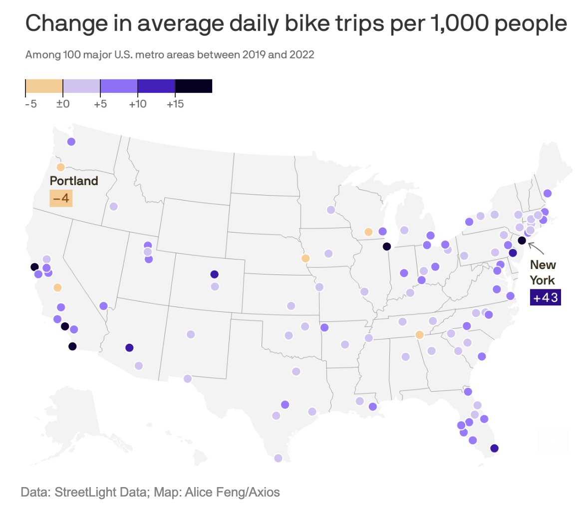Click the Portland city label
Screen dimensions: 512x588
click(74, 181)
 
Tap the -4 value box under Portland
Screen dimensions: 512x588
click(61, 199)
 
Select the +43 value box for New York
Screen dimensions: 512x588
click(545, 298)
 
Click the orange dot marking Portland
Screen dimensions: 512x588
click(60, 167)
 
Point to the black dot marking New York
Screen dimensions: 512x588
click(522, 241)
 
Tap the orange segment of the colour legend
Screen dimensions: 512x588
click(44, 86)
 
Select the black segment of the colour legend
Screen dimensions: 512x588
click(194, 86)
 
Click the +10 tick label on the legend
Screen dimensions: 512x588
click(137, 104)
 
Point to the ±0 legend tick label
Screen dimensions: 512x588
click(62, 104)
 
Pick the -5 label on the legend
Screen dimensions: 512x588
click(30, 104)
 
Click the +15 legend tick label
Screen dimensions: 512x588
click(175, 104)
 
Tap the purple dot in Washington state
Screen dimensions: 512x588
click(71, 142)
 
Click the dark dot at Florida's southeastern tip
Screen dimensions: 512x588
click(494, 448)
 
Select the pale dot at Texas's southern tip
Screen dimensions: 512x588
click(278, 458)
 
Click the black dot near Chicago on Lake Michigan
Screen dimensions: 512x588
click(386, 247)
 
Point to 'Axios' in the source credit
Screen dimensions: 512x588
click(265, 493)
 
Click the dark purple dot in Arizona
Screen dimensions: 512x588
click(129, 348)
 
